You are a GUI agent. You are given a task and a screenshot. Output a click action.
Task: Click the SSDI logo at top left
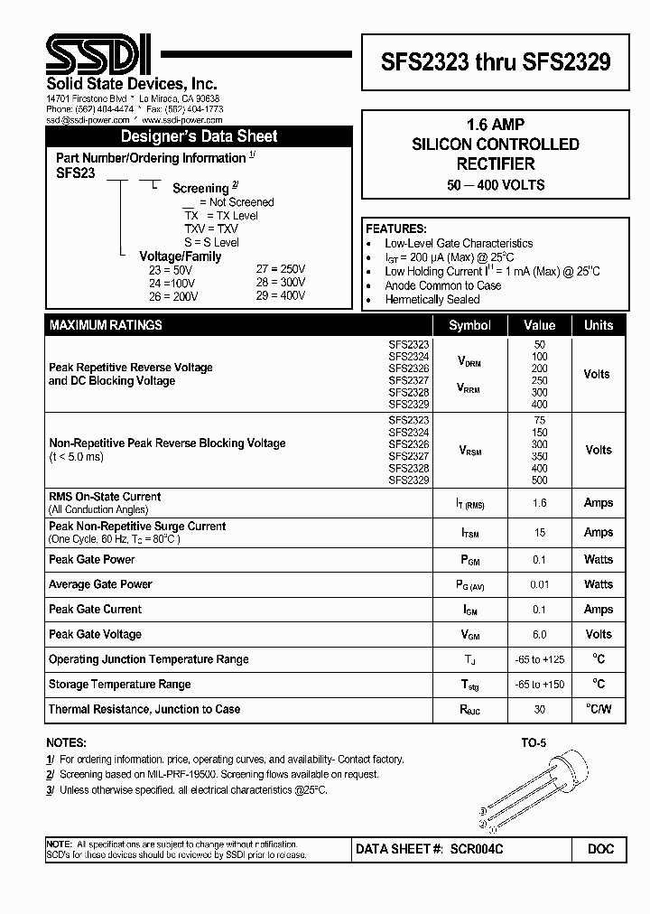pyautogui.click(x=99, y=56)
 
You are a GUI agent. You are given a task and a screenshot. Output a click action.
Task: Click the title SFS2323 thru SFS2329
pyautogui.click(x=495, y=61)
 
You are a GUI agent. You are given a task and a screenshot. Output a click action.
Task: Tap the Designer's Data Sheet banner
pyautogui.click(x=200, y=137)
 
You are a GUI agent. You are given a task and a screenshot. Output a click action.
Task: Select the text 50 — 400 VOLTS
pyautogui.click(x=495, y=185)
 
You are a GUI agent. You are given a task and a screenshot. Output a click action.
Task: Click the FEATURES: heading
pyautogui.click(x=396, y=228)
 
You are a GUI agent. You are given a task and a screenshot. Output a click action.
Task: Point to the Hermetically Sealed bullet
pyautogui.click(x=432, y=300)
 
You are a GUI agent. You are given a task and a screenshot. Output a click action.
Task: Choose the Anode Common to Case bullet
pyautogui.click(x=442, y=285)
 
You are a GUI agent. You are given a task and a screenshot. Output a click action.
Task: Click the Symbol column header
pyautogui.click(x=469, y=325)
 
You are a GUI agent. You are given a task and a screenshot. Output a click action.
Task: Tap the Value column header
pyautogui.click(x=540, y=325)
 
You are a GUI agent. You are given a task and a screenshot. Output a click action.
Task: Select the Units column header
pyautogui.click(x=598, y=325)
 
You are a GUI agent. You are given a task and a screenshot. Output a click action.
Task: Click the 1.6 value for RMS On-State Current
pyautogui.click(x=540, y=503)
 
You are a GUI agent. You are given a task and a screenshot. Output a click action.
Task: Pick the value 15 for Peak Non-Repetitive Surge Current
pyautogui.click(x=540, y=533)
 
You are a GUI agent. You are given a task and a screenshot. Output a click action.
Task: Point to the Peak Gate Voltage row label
pyautogui.click(x=95, y=634)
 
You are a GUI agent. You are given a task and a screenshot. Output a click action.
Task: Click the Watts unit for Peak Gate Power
pyautogui.click(x=598, y=560)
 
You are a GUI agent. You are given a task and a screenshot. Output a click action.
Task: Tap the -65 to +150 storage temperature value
pyautogui.click(x=540, y=685)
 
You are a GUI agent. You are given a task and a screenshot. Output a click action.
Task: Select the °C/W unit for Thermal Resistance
pyautogui.click(x=598, y=709)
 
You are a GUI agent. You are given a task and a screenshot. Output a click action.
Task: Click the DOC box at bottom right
pyautogui.click(x=599, y=849)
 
